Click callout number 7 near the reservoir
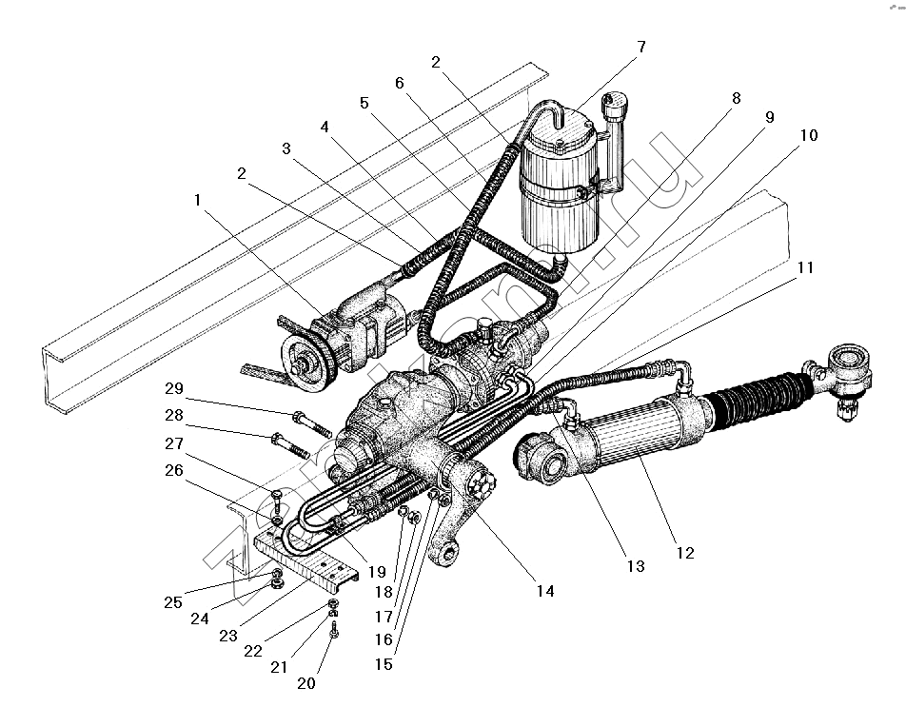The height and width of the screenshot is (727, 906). pyautogui.click(x=641, y=47)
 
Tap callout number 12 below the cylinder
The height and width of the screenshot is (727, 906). pyautogui.click(x=684, y=554)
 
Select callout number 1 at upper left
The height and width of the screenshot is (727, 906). pyautogui.click(x=198, y=201)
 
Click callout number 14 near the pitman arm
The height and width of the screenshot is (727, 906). pyautogui.click(x=545, y=591)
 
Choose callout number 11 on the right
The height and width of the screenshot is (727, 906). pyautogui.click(x=805, y=268)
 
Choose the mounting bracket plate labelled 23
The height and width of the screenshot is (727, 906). pyautogui.click(x=305, y=562)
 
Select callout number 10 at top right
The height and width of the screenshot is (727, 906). pyautogui.click(x=808, y=136)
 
